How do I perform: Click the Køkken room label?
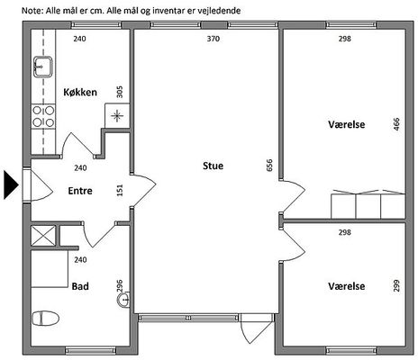tap(80, 92)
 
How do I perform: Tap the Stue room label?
tap(213, 166)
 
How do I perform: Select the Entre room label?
tap(80, 191)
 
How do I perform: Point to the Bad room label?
tap(80, 286)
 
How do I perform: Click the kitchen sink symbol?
tap(43, 67)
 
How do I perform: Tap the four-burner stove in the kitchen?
tap(43, 116)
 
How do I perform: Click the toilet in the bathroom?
tap(45, 319)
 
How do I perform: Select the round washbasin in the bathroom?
tap(123, 300)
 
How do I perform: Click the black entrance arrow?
tap(11, 184)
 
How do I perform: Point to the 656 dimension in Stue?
tap(269, 166)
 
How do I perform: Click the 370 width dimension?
tap(214, 39)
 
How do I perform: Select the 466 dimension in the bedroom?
tap(396, 124)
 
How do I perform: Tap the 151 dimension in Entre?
tap(120, 190)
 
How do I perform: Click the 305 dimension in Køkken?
tap(120, 92)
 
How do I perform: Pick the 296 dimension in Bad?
tap(120, 286)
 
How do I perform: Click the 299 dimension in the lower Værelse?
tap(396, 286)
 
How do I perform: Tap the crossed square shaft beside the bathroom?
tap(43, 236)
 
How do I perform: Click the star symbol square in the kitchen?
tap(117, 116)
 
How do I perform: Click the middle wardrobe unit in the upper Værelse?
tap(368, 205)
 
